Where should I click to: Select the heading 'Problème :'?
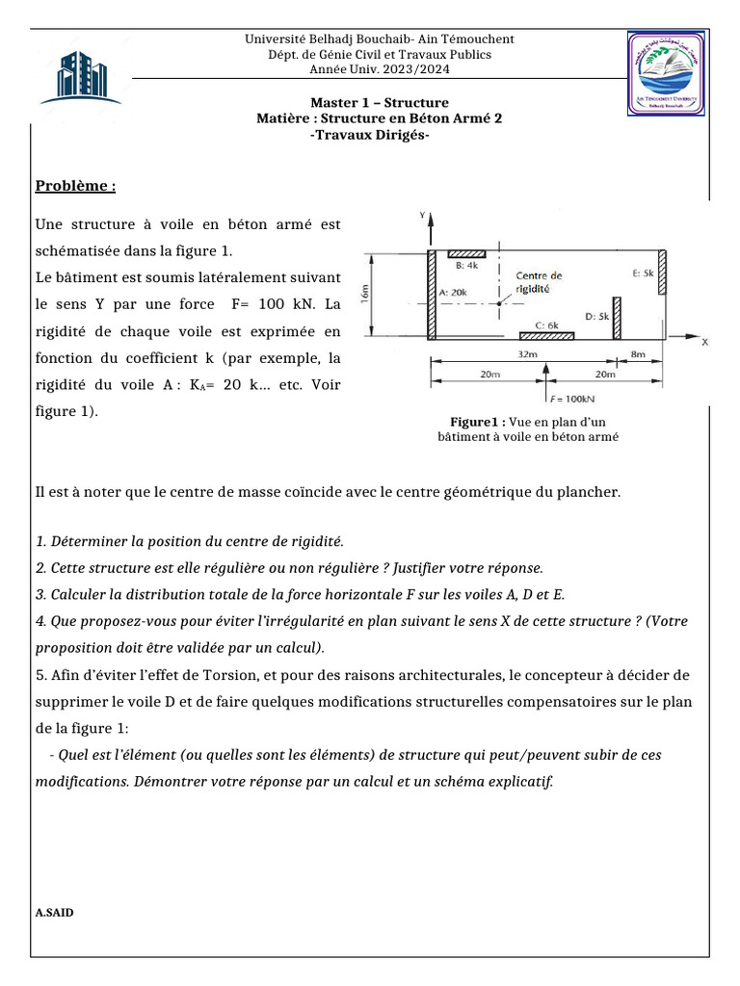(x=76, y=186)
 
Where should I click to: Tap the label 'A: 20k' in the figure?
(x=453, y=291)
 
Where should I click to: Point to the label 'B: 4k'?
(x=466, y=265)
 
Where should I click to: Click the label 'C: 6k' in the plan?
(x=546, y=325)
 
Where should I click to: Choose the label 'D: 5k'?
(x=597, y=315)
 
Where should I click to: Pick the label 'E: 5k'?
(x=643, y=273)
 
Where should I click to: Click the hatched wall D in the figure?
(x=617, y=318)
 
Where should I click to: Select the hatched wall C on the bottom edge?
(x=546, y=336)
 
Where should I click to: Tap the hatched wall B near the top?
(x=466, y=253)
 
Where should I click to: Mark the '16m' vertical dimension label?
(x=364, y=294)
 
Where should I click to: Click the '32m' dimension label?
(x=527, y=353)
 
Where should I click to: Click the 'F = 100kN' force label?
(x=570, y=398)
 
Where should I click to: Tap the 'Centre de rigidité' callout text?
(x=539, y=281)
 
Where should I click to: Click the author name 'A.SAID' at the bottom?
(x=54, y=912)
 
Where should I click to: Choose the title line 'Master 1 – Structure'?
(x=379, y=103)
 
